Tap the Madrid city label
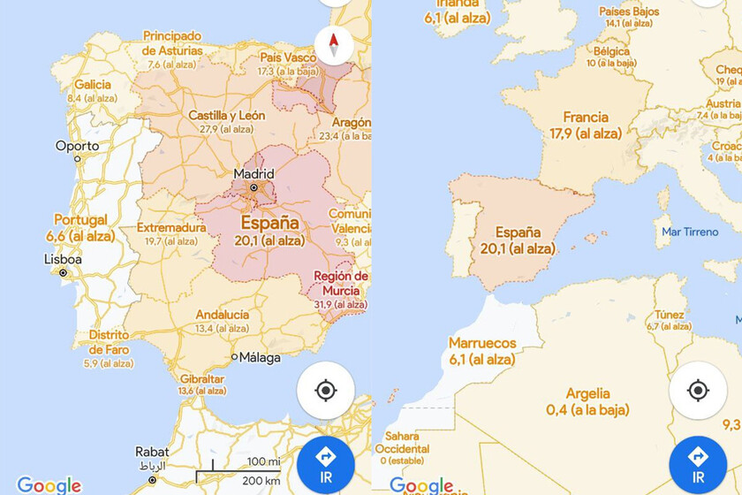click(254, 173)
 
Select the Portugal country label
click(80, 220)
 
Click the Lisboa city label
click(63, 260)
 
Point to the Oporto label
click(78, 146)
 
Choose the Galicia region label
click(93, 85)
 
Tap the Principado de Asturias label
click(172, 43)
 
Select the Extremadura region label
click(171, 228)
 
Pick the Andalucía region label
click(222, 315)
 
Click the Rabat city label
click(152, 452)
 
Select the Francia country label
click(586, 118)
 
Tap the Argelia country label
click(587, 394)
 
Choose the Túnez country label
click(669, 315)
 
